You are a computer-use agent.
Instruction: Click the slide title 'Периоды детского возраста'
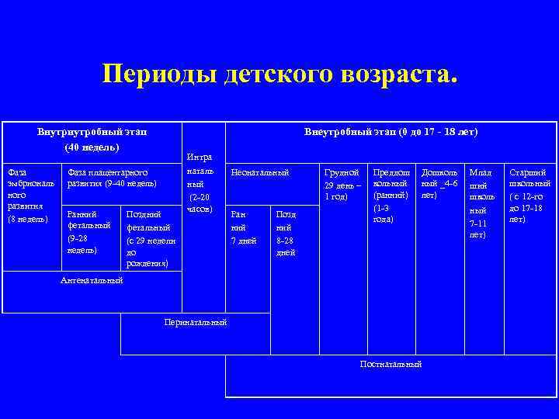point(279,75)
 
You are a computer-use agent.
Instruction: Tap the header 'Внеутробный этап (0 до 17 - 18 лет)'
point(391,132)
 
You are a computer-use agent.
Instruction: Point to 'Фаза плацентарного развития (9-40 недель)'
point(113,178)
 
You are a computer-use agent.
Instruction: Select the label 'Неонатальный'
point(260,171)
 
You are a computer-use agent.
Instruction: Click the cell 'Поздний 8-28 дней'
point(286,233)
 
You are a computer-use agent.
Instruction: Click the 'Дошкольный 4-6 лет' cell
point(439,184)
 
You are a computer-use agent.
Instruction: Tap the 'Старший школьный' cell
point(530,196)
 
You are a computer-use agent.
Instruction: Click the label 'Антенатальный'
point(92,280)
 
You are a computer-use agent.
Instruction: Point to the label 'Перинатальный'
point(195,322)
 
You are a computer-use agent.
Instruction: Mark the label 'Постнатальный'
point(391,364)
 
